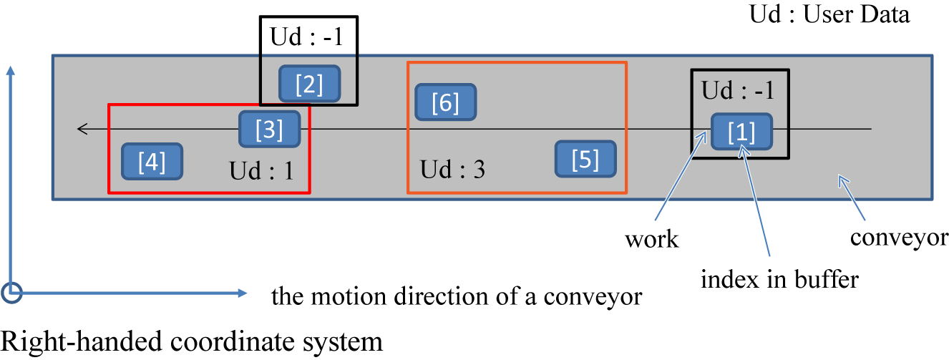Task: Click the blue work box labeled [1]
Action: point(741,132)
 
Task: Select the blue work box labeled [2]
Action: point(309,85)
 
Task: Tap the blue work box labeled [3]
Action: point(269,130)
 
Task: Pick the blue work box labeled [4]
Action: point(152,162)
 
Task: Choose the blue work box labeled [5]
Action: point(586,159)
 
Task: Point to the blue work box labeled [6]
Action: point(446,103)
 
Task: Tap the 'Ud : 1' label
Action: point(261,171)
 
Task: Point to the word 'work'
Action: point(651,239)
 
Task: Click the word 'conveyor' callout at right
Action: point(899,237)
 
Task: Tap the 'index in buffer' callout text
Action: point(779,278)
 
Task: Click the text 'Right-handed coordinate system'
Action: point(192,341)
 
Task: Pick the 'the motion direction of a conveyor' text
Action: point(457,296)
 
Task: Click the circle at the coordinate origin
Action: point(11,292)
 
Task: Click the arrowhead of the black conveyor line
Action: point(82,130)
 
